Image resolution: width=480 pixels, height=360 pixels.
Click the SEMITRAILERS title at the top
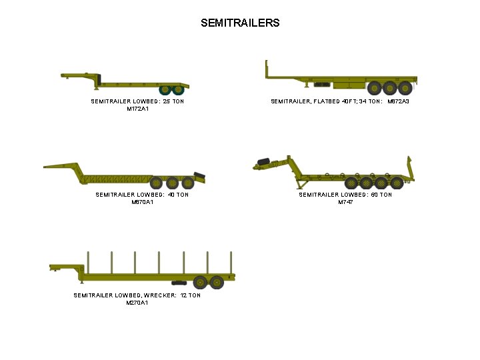coord(240,23)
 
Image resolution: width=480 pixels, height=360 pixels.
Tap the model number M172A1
coord(137,109)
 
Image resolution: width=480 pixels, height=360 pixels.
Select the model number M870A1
coord(142,202)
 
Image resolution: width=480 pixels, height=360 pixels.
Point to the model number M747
coord(345,202)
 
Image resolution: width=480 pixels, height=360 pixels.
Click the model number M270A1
coord(137,303)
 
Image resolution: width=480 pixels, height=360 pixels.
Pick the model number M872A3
coord(398,101)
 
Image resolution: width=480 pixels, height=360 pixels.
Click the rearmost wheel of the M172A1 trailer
coord(179,90)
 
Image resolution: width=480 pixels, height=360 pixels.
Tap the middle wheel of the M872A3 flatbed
coord(390,87)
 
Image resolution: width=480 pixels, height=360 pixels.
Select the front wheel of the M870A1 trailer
coord(156,183)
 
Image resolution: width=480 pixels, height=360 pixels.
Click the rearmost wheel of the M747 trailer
coord(397,183)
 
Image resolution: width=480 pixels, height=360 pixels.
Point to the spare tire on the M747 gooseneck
coord(263,161)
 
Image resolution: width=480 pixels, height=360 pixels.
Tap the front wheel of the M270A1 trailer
coord(199,282)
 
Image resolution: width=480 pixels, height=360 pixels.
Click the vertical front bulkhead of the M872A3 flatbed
coord(267,68)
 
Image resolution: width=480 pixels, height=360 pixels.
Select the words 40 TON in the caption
coord(179,195)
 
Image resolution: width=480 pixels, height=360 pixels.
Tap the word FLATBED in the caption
coord(327,101)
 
